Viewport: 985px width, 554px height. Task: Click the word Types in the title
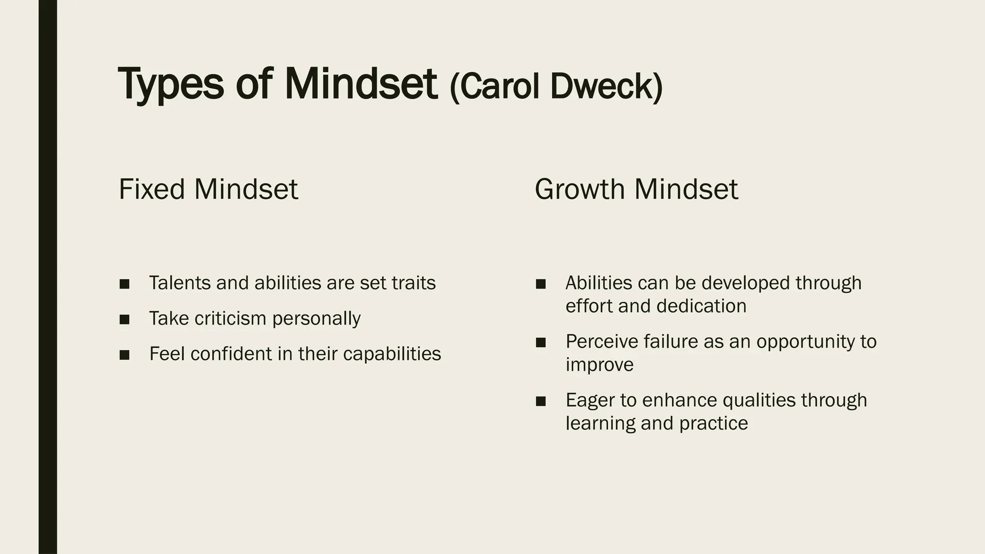coord(171,85)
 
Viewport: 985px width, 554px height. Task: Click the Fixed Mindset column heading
coord(208,189)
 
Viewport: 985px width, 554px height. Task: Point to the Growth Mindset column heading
coord(636,189)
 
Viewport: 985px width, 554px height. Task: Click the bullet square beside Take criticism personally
coord(125,319)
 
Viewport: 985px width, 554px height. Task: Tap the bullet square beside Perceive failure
coord(541,342)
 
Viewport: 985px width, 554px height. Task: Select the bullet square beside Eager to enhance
coord(541,401)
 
